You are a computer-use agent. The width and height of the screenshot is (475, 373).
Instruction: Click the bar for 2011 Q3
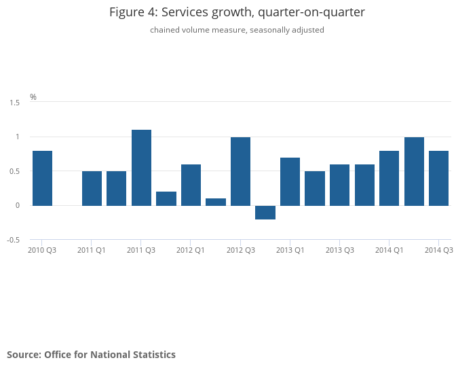(x=141, y=168)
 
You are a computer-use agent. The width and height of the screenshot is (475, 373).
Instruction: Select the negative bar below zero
(x=265, y=213)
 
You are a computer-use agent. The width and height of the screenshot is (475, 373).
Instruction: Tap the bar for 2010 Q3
(x=42, y=178)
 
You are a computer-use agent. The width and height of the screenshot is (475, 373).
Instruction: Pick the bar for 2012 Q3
(x=240, y=171)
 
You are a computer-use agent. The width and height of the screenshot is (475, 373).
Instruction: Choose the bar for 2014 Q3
(x=438, y=178)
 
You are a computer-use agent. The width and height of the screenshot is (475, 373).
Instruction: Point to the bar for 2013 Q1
(x=290, y=181)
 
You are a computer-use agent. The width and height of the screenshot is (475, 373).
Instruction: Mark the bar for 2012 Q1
(x=191, y=185)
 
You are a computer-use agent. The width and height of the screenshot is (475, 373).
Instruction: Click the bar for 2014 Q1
(x=389, y=178)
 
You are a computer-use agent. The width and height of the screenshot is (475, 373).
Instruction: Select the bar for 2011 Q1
(x=92, y=188)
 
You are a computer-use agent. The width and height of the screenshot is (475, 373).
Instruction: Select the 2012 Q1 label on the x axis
(x=191, y=251)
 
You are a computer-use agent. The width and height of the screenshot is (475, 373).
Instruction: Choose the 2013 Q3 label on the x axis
(x=339, y=251)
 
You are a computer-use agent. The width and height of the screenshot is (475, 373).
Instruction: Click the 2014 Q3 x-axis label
(x=438, y=251)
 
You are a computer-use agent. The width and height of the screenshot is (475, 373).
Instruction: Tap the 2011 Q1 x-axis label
(x=92, y=251)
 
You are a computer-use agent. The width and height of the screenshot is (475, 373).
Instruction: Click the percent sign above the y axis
(x=33, y=97)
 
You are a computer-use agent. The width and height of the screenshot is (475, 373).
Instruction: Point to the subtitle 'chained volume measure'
(x=237, y=30)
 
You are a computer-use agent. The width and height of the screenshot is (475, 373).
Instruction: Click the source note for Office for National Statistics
(x=91, y=355)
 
